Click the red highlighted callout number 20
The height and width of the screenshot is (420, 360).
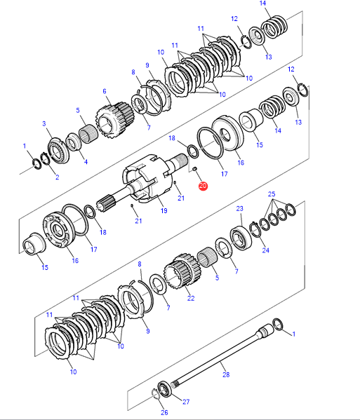(x=203, y=186)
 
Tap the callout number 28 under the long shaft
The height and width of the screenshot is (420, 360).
(x=226, y=374)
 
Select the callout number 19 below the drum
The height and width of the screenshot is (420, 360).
(x=164, y=211)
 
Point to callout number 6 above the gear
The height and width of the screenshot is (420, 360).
(x=105, y=91)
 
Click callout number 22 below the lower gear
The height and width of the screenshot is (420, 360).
(x=191, y=298)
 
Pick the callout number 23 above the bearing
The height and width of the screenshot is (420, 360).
(x=239, y=208)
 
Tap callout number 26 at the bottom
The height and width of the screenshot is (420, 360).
(x=164, y=412)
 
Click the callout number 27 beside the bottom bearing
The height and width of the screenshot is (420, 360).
(x=186, y=402)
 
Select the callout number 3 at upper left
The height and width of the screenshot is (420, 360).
(x=44, y=123)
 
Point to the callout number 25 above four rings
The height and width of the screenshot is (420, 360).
(x=272, y=194)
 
